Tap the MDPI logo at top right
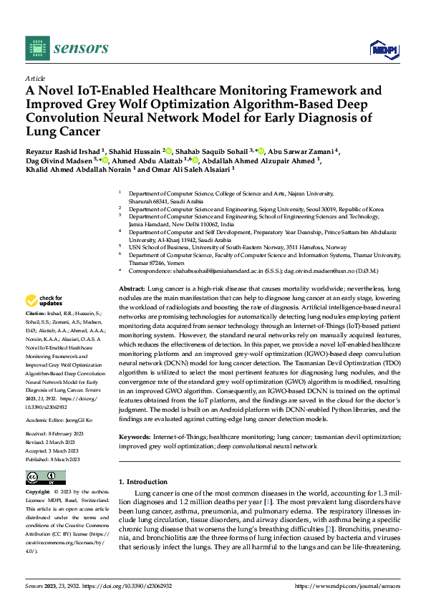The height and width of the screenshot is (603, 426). (x=383, y=48)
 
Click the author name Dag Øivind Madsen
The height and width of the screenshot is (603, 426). (x=51, y=162)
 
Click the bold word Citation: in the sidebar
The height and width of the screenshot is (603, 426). (x=37, y=334)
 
